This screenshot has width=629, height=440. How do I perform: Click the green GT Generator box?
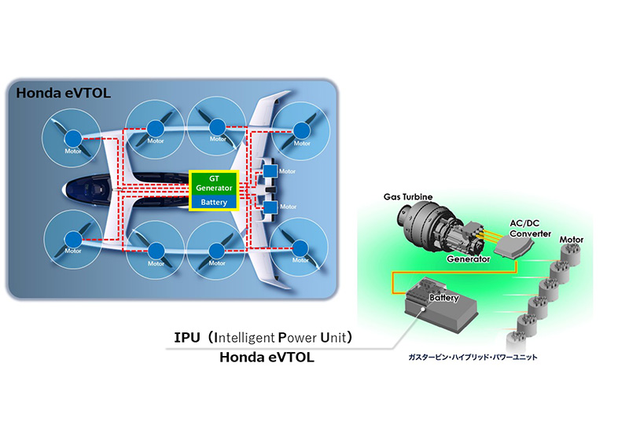click(x=214, y=183)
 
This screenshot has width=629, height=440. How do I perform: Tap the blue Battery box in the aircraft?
click(x=214, y=203)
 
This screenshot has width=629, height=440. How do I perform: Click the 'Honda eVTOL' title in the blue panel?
click(x=60, y=93)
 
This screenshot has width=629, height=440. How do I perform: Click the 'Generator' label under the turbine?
click(x=468, y=258)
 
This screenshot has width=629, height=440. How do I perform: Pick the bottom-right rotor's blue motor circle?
click(x=302, y=251)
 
